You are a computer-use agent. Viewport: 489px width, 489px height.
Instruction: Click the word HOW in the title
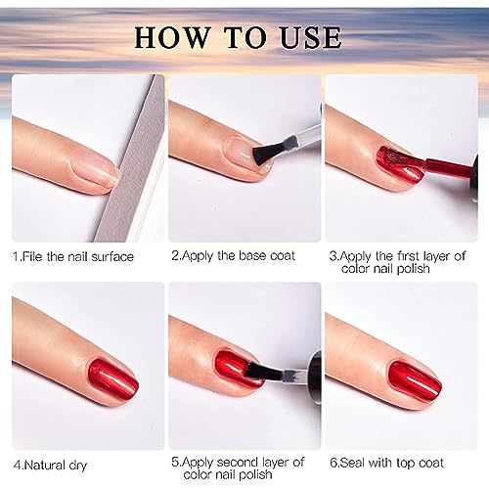pyautogui.click(x=172, y=38)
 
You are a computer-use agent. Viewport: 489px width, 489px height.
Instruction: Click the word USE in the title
pyautogui.click(x=311, y=38)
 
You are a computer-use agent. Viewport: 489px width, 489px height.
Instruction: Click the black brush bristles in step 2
pyautogui.click(x=264, y=153)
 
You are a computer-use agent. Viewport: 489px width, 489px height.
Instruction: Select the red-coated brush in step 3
pyautogui.click(x=400, y=160)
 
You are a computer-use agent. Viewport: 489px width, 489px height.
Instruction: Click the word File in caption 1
pyautogui.click(x=32, y=256)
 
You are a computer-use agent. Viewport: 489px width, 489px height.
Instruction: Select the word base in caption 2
pyautogui.click(x=252, y=256)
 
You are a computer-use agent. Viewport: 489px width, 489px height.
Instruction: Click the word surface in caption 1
pyautogui.click(x=112, y=257)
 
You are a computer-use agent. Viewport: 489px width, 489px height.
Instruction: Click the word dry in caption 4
pyautogui.click(x=78, y=466)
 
